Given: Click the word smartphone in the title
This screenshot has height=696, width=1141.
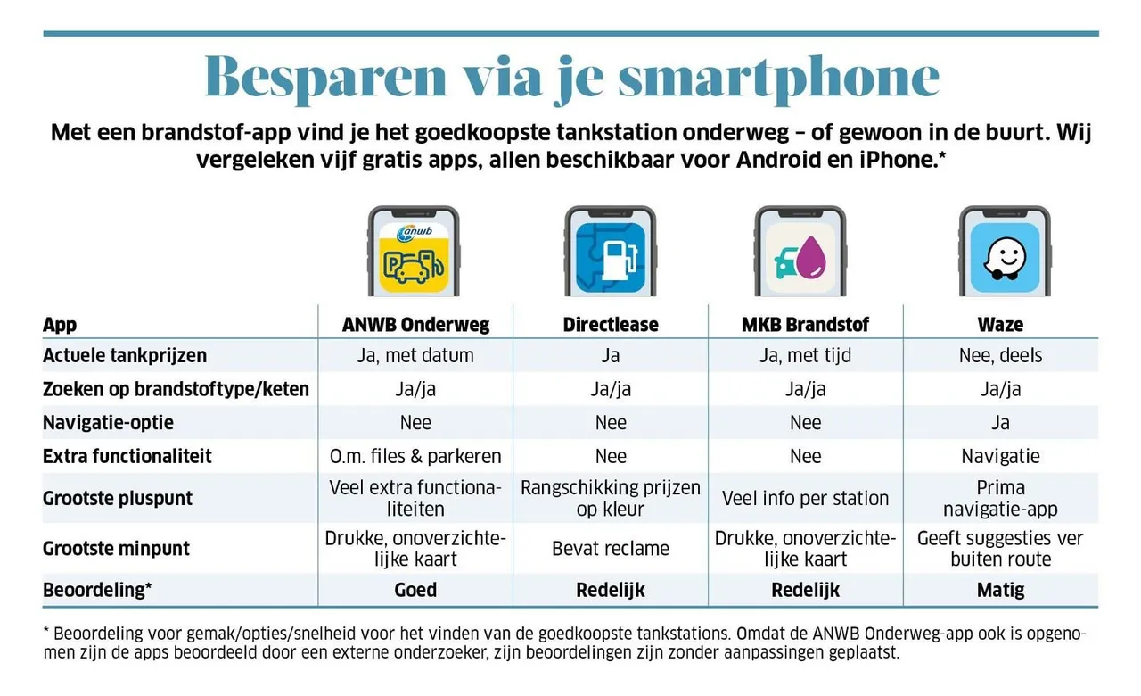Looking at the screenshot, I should pos(778,79).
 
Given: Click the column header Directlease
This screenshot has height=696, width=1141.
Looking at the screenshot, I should pos(611,324).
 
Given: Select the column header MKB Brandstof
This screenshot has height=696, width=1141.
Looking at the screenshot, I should pos(805,324).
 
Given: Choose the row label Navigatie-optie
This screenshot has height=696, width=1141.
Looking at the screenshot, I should pos(108,422).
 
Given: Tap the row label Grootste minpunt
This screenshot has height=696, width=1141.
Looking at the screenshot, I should pos(116,548).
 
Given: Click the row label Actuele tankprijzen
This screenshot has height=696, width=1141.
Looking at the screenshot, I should pos(125,355).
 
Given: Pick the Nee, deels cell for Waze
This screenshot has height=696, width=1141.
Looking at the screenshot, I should pos(1000,355).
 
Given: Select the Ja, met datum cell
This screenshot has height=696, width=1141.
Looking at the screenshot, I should pos(415,355).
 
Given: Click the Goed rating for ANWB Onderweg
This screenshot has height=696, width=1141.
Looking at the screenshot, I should pos(415,590).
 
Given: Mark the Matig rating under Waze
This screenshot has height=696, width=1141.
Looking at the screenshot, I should pos(1000,590).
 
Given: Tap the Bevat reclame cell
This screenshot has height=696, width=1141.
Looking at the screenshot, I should pos(611,548).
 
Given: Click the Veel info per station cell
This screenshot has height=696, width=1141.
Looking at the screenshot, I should pos(805,498).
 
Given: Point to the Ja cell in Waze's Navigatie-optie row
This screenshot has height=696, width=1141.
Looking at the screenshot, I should pos(1000,422).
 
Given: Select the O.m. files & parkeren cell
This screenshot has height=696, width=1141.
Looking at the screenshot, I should pos(415,456).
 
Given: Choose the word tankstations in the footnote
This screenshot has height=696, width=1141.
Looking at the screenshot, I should pos(660,633).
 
